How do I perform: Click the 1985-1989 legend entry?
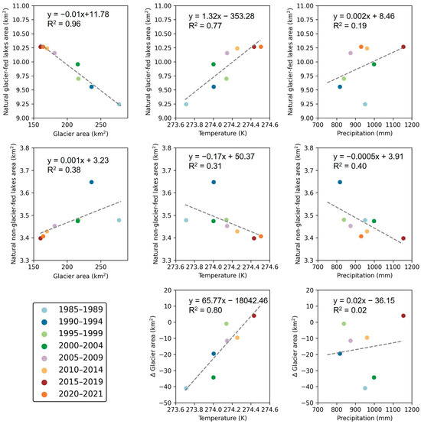[72, 309]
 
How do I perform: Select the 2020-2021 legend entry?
[72, 394]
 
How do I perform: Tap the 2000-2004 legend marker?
[44, 346]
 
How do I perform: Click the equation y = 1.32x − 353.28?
[222, 16]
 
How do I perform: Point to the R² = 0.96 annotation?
[64, 24]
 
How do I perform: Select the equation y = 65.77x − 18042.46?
[228, 301]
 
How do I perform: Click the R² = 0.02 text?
[350, 310]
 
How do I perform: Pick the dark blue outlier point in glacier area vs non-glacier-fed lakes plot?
[92, 183]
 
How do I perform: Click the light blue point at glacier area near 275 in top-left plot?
[119, 105]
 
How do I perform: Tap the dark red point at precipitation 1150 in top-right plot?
[403, 47]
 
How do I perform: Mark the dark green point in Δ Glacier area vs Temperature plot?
[214, 377]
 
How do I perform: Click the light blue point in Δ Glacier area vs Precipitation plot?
[365, 388]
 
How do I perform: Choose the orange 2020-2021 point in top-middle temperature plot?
[261, 47]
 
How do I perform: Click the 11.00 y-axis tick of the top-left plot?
[21, 6]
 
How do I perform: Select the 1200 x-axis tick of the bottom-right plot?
[412, 409]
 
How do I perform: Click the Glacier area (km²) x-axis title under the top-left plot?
[80, 133]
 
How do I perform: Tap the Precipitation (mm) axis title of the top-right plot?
[364, 133]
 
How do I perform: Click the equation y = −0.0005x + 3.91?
[368, 157]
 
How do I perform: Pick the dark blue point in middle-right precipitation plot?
[340, 183]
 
